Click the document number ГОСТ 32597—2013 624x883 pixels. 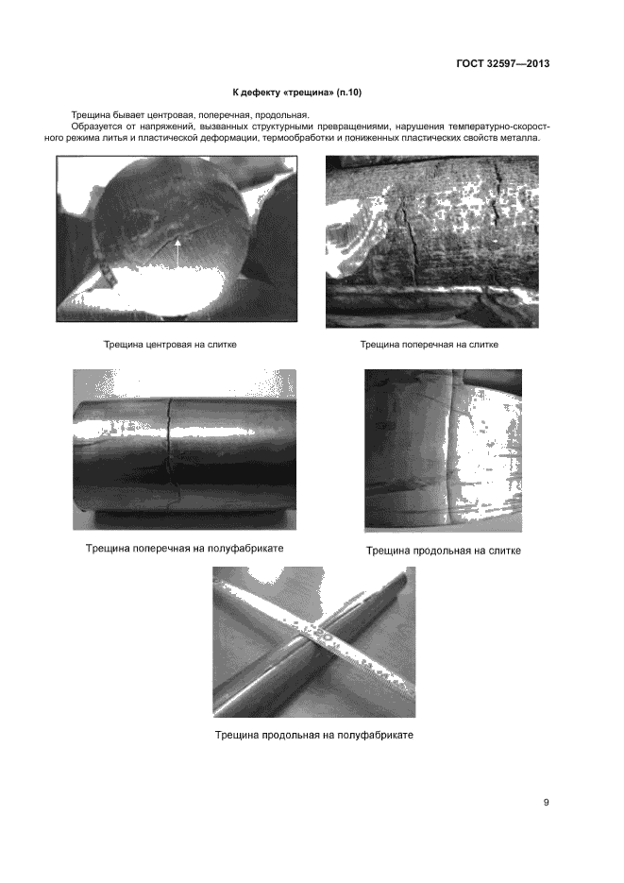point(502,63)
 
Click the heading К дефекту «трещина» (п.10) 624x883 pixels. point(297,93)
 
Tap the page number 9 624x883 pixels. point(547,803)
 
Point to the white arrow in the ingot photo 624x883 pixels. point(177,252)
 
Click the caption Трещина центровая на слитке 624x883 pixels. point(170,345)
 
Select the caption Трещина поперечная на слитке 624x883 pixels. point(430,345)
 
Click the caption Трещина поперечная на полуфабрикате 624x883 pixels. point(184,548)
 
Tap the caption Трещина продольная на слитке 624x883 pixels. point(444,551)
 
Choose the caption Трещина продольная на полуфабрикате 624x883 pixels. point(314,735)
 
